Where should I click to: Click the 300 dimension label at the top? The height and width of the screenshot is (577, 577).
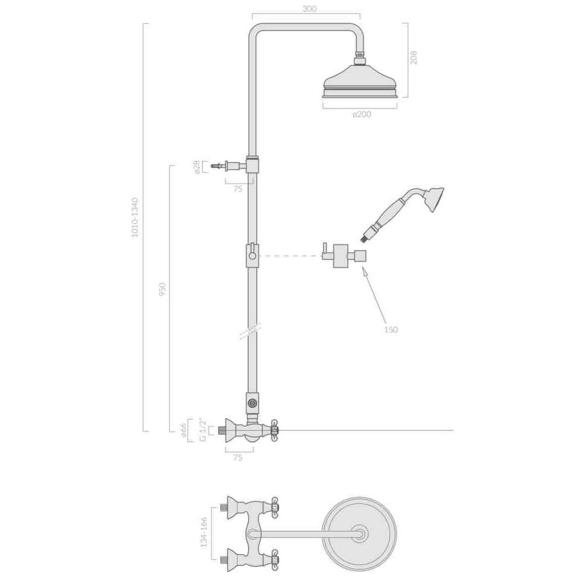click(x=309, y=9)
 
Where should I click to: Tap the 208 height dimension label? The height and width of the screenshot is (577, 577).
click(x=414, y=58)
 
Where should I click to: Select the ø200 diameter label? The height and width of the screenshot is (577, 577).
click(x=362, y=114)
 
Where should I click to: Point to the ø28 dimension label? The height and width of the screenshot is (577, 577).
click(x=197, y=167)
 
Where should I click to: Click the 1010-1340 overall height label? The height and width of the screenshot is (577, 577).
click(x=135, y=218)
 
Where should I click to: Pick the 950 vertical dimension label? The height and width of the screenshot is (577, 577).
click(x=162, y=290)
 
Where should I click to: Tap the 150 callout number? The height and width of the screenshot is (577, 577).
click(x=391, y=329)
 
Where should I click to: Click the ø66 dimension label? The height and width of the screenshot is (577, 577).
click(x=184, y=430)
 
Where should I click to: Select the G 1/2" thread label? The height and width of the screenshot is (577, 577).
click(x=203, y=429)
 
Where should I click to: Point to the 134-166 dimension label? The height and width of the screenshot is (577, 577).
click(x=204, y=533)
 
